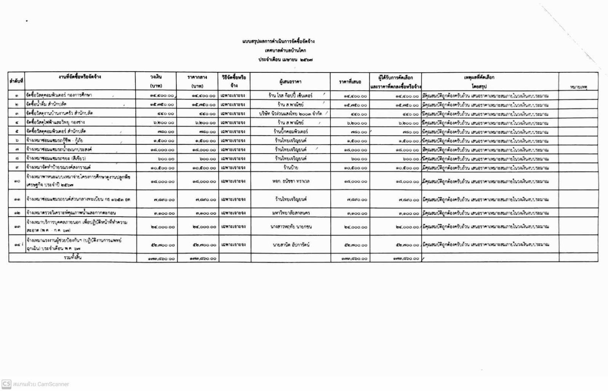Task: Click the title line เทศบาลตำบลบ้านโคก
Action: pos(285,50)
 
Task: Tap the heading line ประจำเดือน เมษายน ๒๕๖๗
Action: pos(285,59)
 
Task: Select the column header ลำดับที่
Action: pos(16,81)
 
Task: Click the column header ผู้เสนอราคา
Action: pos(290,82)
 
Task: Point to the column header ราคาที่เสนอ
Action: pos(350,82)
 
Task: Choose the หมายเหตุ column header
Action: pos(578,87)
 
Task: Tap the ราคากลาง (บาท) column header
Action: pos(197,82)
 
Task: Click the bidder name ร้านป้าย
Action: pos(290,168)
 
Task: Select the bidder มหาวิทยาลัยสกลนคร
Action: pos(290,213)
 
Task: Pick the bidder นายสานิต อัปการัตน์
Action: pos(290,245)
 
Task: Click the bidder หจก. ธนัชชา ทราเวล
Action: pos(290,181)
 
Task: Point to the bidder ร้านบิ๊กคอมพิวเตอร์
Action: pos(290,131)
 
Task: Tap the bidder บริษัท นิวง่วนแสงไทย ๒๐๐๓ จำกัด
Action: pos(290,114)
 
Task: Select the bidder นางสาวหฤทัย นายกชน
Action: pos(290,227)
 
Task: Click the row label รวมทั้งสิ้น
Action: pos(72,258)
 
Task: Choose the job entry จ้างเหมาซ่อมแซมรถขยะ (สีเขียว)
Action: pos(56,158)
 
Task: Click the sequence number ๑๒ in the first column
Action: pos(17,213)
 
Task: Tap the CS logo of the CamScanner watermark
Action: pos(6,384)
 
